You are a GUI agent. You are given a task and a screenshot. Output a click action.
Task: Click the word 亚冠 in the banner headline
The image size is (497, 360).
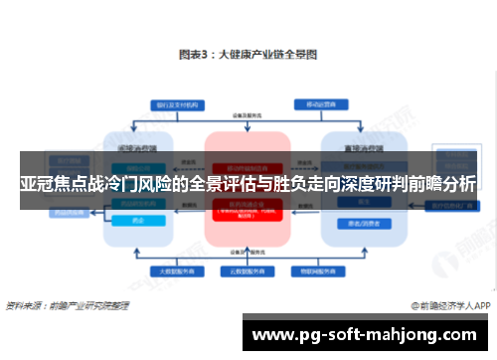[37, 185]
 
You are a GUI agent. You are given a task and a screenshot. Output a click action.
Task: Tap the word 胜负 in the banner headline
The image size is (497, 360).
[294, 185]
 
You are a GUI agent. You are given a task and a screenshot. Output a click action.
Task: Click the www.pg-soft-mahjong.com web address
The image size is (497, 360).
[368, 334]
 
